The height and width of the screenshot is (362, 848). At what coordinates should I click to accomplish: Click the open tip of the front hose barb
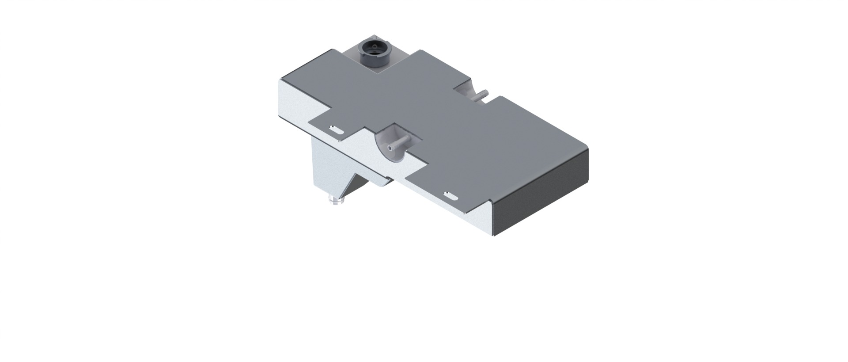pyautogui.click(x=389, y=146)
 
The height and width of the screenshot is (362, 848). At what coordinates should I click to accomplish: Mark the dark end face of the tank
pyautogui.click(x=543, y=190)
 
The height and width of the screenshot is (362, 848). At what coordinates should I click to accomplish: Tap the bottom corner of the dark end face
pyautogui.click(x=495, y=235)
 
